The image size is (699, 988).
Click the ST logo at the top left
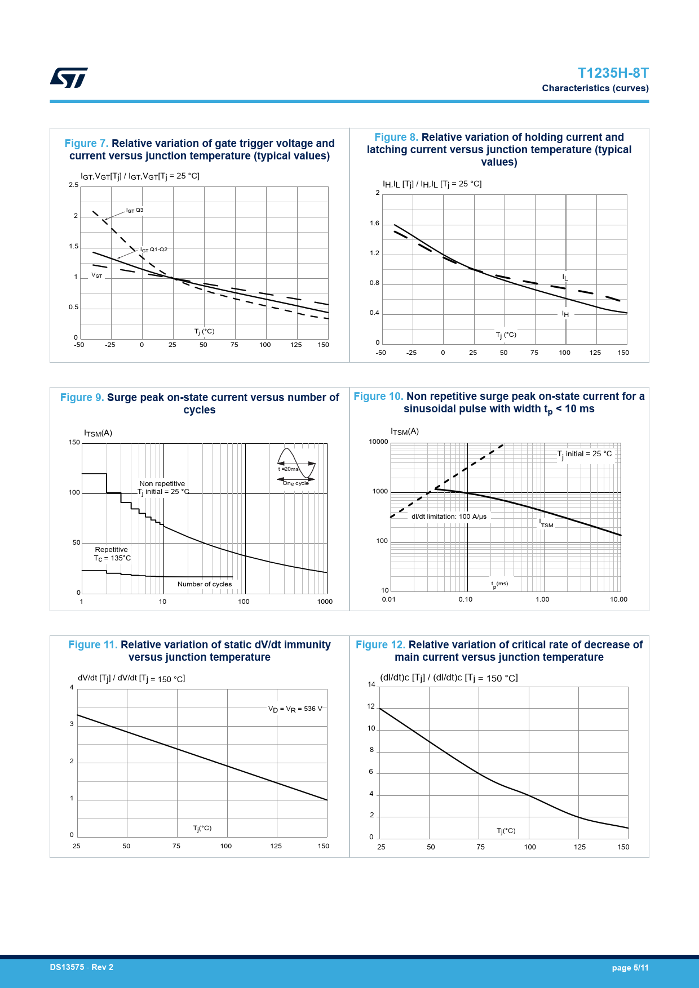point(69,78)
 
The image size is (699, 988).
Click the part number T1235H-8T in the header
point(613,73)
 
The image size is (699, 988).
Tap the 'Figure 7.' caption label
point(86,144)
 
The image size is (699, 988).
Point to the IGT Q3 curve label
point(135,211)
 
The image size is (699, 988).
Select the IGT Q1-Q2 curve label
point(154,250)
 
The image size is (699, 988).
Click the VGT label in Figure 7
point(97,275)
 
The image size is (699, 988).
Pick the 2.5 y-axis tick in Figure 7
point(73,185)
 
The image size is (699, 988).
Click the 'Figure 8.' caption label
point(396,137)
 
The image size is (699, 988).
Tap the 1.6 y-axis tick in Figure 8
point(375,224)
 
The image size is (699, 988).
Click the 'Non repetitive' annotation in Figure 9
point(162,484)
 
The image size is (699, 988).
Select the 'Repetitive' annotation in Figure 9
point(112,550)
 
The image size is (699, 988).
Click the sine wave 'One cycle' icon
point(296,466)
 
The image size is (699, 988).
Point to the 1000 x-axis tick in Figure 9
point(325,602)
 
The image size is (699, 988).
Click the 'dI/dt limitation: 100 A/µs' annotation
point(449,517)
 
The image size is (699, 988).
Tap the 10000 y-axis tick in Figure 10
point(378,442)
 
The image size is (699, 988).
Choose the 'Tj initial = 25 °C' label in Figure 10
point(585,454)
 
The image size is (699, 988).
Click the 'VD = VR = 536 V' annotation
point(295,709)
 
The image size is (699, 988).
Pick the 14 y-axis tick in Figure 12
point(371,684)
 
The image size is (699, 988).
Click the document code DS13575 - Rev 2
point(82,967)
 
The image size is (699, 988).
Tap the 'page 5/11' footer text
point(630,968)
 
